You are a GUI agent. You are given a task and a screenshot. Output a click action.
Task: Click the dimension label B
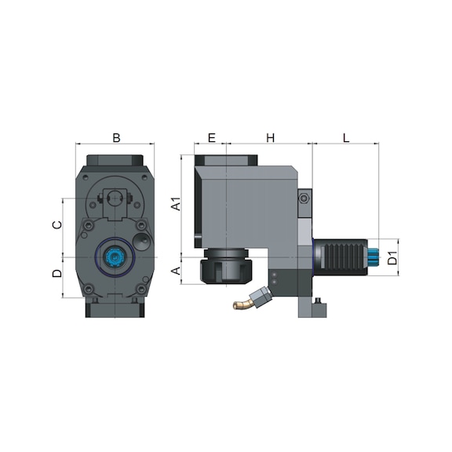(x=116, y=138)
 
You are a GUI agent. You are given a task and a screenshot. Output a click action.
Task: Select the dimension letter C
(x=56, y=225)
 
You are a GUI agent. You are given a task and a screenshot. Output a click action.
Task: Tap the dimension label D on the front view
(x=56, y=274)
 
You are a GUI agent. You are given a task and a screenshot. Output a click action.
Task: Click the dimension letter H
(x=270, y=138)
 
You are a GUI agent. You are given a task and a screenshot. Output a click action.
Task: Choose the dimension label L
(x=345, y=138)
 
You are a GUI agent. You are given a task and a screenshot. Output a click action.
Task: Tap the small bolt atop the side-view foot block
(x=317, y=300)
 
